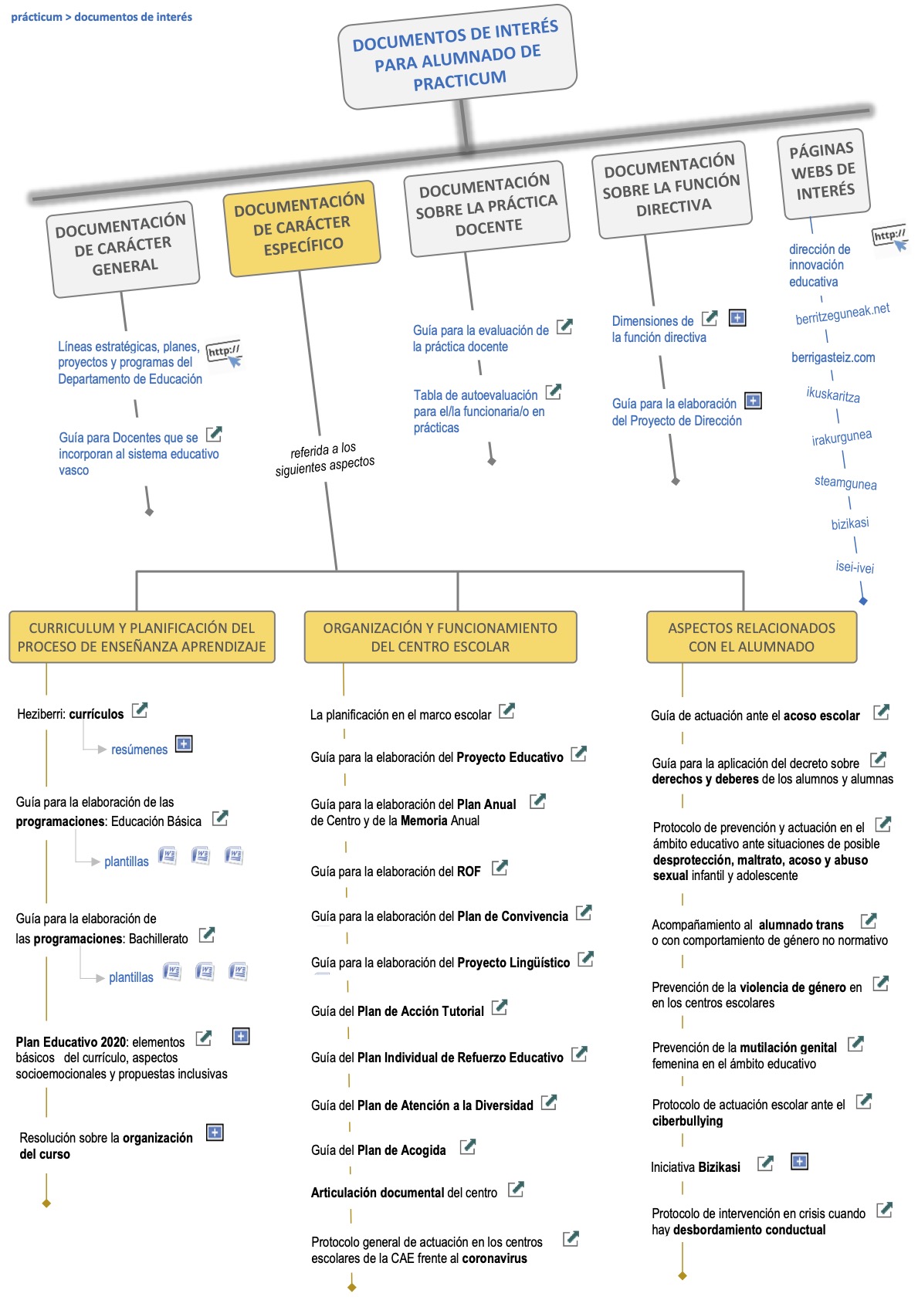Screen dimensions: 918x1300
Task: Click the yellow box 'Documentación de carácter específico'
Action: [x=302, y=228]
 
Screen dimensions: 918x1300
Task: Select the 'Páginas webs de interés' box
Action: [x=823, y=173]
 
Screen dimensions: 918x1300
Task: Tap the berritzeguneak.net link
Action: [x=842, y=313]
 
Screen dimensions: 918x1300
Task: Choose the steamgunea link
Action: [x=845, y=482]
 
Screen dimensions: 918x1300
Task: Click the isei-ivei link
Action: [x=855, y=567]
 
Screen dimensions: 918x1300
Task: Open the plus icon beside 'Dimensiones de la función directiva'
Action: [x=737, y=317]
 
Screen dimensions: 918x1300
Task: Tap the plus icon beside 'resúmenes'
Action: [x=184, y=743]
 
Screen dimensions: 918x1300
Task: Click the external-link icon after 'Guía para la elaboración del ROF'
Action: [x=500, y=868]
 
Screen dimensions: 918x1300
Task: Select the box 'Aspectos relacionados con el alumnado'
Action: [x=751, y=637]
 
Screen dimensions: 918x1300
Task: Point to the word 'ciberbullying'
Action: [x=687, y=1121]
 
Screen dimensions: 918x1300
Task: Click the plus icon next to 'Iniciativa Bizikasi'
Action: [x=799, y=1161]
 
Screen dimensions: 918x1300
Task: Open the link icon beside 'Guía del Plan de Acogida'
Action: [x=468, y=1147]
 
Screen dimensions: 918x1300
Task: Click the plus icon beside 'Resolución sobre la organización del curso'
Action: [x=215, y=1132]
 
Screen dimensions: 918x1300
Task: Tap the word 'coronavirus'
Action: [x=494, y=1258]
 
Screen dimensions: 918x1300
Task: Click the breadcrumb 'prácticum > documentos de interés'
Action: [x=102, y=17]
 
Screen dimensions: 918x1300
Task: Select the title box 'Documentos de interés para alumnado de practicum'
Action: [x=457, y=56]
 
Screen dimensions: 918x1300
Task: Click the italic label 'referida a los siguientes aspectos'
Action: [x=324, y=459]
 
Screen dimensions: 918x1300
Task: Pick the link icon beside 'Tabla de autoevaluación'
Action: [x=554, y=391]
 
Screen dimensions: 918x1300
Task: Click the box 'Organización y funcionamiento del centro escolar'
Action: [x=440, y=637]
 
